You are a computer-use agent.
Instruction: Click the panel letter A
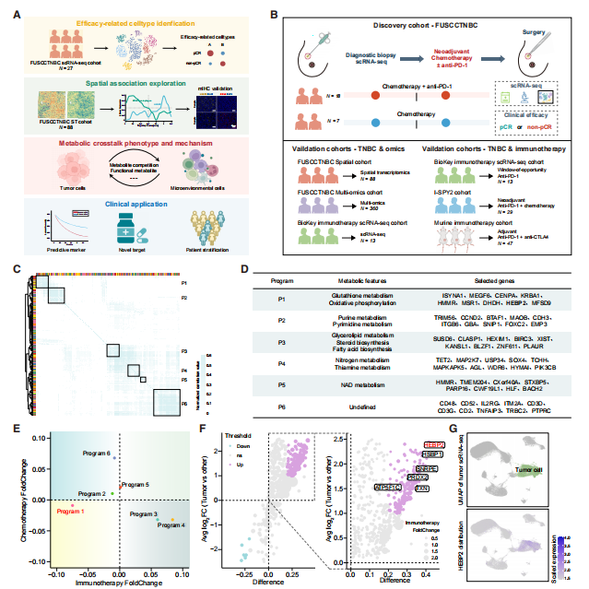coord(15,16)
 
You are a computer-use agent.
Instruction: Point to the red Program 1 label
coord(70,510)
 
